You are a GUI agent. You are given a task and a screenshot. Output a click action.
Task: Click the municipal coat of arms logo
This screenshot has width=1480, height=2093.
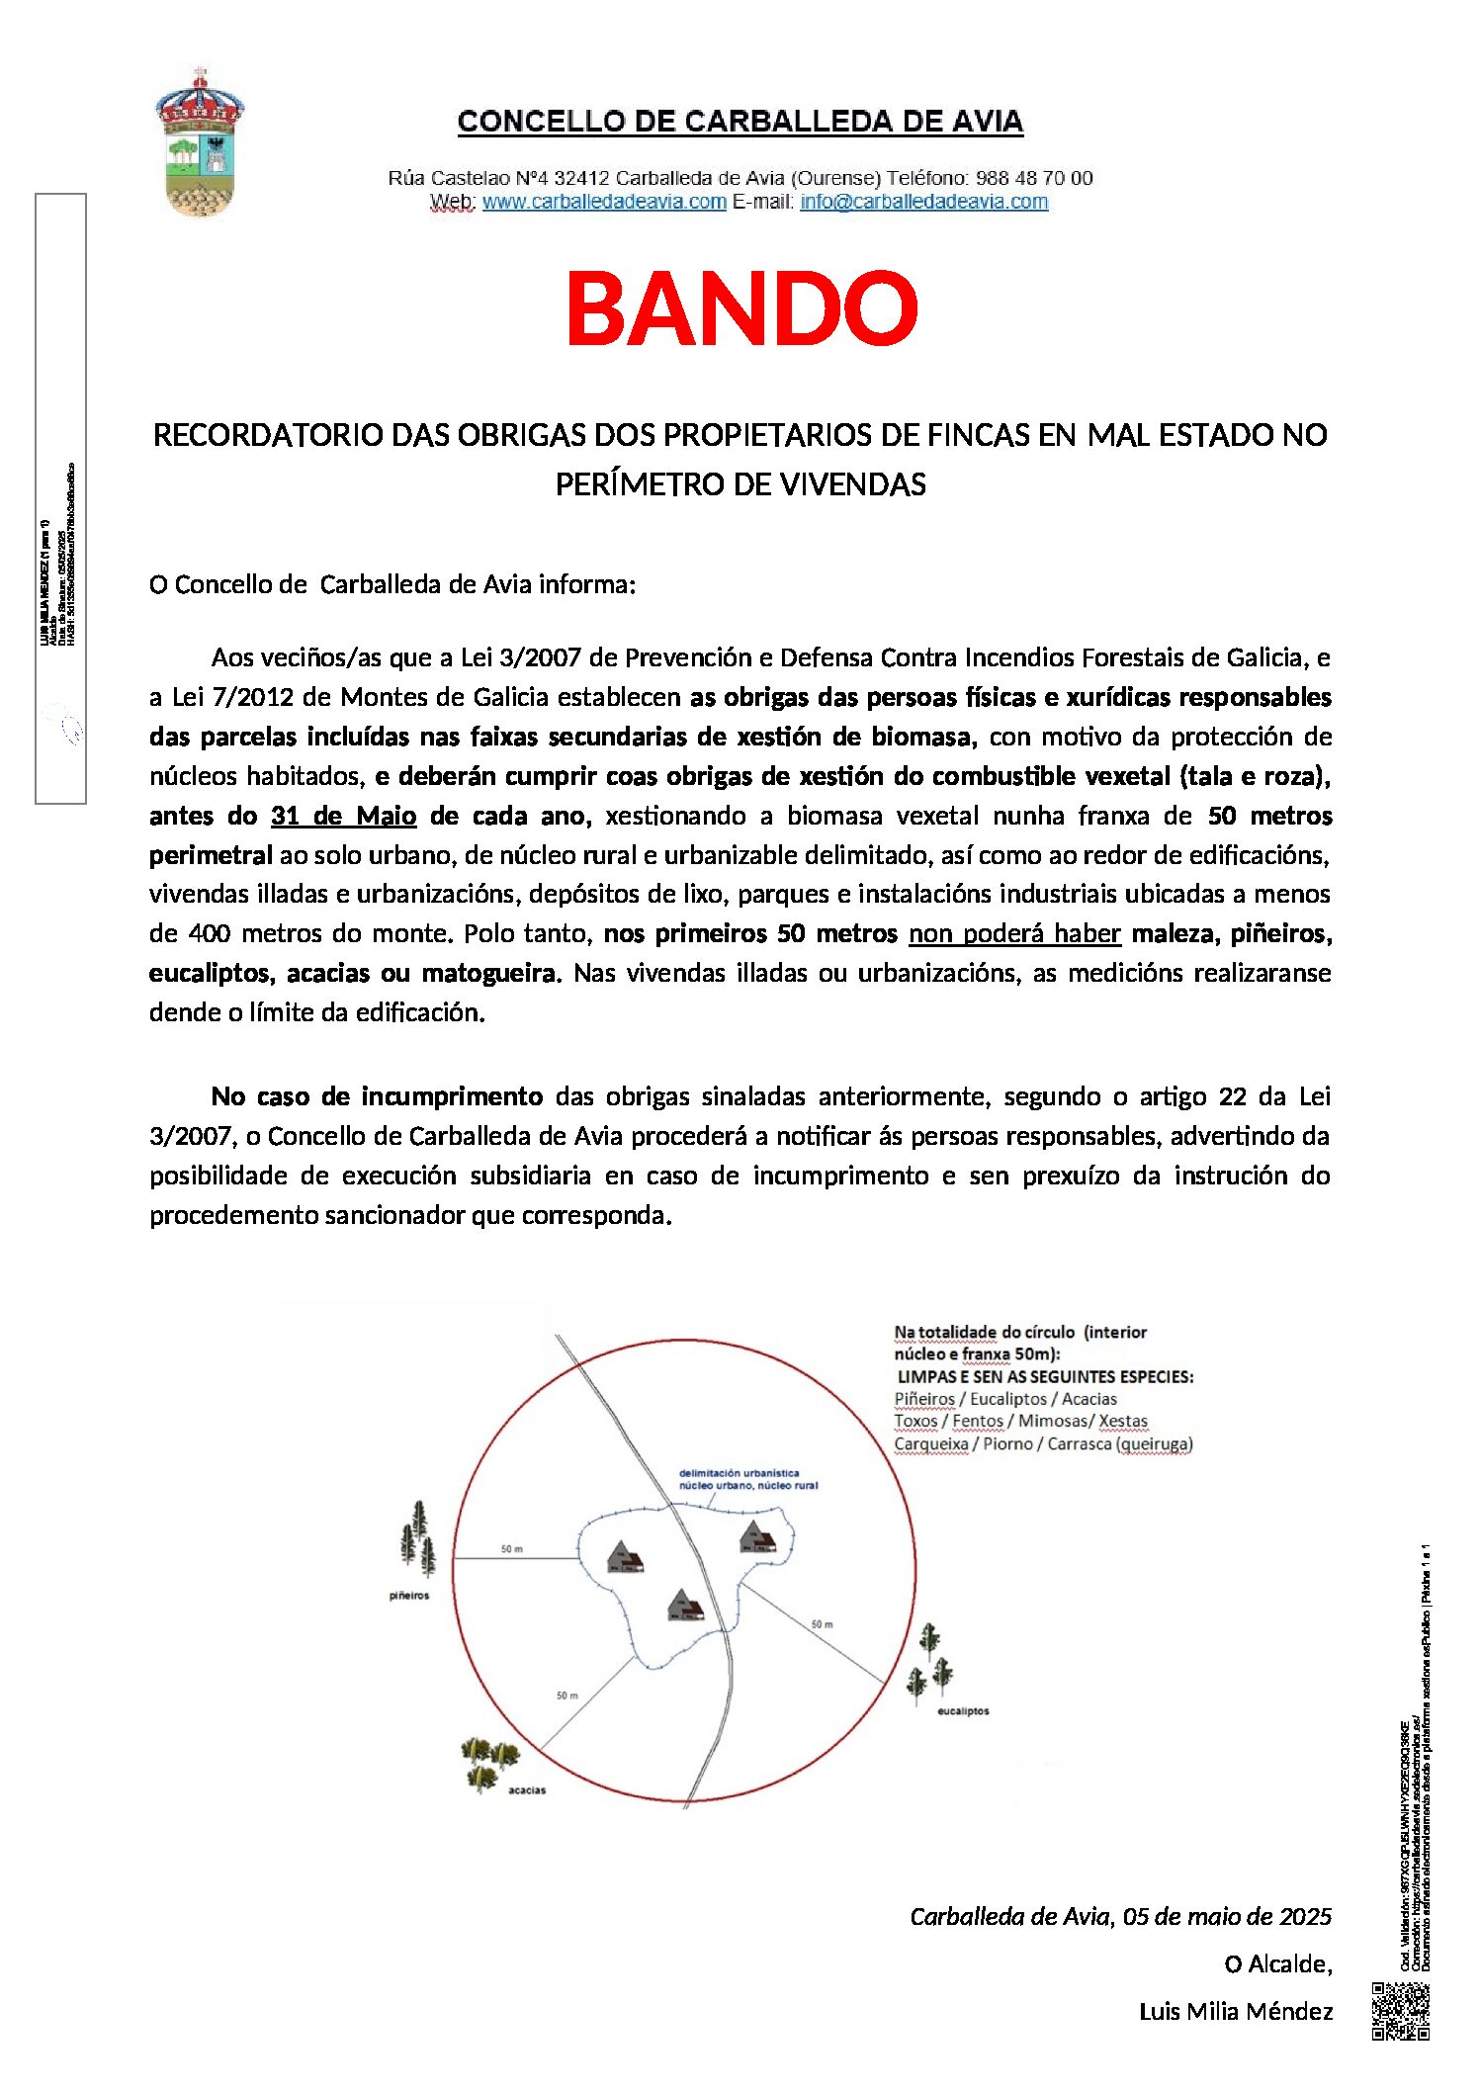(x=200, y=143)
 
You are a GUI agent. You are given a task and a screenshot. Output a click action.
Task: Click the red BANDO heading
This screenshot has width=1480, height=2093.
(x=741, y=308)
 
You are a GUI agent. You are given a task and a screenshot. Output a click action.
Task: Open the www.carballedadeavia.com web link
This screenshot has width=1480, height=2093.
(x=604, y=202)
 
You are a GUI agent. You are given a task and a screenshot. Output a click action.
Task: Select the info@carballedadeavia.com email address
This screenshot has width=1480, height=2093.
(x=923, y=202)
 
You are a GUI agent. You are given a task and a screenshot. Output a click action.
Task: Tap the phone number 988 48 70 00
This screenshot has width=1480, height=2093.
(x=1034, y=178)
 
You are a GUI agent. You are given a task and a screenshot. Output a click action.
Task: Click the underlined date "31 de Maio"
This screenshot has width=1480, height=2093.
(x=343, y=816)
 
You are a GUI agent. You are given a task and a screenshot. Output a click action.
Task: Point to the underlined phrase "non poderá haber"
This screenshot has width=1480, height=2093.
(x=1014, y=933)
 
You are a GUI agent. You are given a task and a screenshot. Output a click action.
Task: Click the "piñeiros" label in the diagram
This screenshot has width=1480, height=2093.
(x=409, y=1596)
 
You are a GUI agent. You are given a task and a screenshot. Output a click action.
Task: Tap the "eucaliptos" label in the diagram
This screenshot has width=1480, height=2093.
(x=963, y=1710)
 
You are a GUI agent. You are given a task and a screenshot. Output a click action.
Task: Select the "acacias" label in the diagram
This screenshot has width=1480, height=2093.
(x=526, y=1789)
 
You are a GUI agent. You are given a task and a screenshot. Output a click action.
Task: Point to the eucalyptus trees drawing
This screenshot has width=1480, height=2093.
(x=930, y=1662)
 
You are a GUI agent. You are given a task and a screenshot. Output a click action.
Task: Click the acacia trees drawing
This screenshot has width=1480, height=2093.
(x=489, y=1761)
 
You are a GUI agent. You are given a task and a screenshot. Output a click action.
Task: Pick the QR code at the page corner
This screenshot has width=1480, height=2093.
(x=1400, y=2011)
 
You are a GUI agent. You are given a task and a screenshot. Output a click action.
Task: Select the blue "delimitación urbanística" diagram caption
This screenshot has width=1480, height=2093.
(x=747, y=1479)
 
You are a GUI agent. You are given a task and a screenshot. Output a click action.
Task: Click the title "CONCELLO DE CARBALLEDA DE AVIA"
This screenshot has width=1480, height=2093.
(x=740, y=122)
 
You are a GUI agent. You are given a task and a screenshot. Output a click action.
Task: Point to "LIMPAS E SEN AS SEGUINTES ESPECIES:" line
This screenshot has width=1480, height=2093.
(x=1045, y=1376)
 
